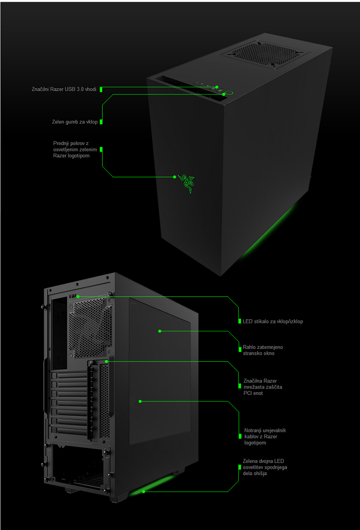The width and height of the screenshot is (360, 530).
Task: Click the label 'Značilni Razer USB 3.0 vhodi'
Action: coord(64,90)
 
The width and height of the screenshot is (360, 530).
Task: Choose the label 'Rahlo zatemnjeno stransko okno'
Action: coord(263,350)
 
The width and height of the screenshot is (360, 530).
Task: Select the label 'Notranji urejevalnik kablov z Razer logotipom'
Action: coord(265,436)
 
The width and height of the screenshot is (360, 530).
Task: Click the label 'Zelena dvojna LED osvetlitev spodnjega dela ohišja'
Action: coord(265,467)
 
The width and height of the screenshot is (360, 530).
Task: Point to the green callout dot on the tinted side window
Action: coord(159,331)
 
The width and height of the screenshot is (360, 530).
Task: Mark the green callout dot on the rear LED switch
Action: coord(78,296)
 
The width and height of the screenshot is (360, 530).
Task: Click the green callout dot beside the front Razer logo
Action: coord(175,177)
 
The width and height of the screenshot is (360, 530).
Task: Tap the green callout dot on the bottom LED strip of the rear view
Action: coord(144,491)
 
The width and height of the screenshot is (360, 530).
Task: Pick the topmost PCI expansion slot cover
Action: coord(70,375)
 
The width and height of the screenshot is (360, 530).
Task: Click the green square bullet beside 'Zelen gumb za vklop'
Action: coord(101,122)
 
